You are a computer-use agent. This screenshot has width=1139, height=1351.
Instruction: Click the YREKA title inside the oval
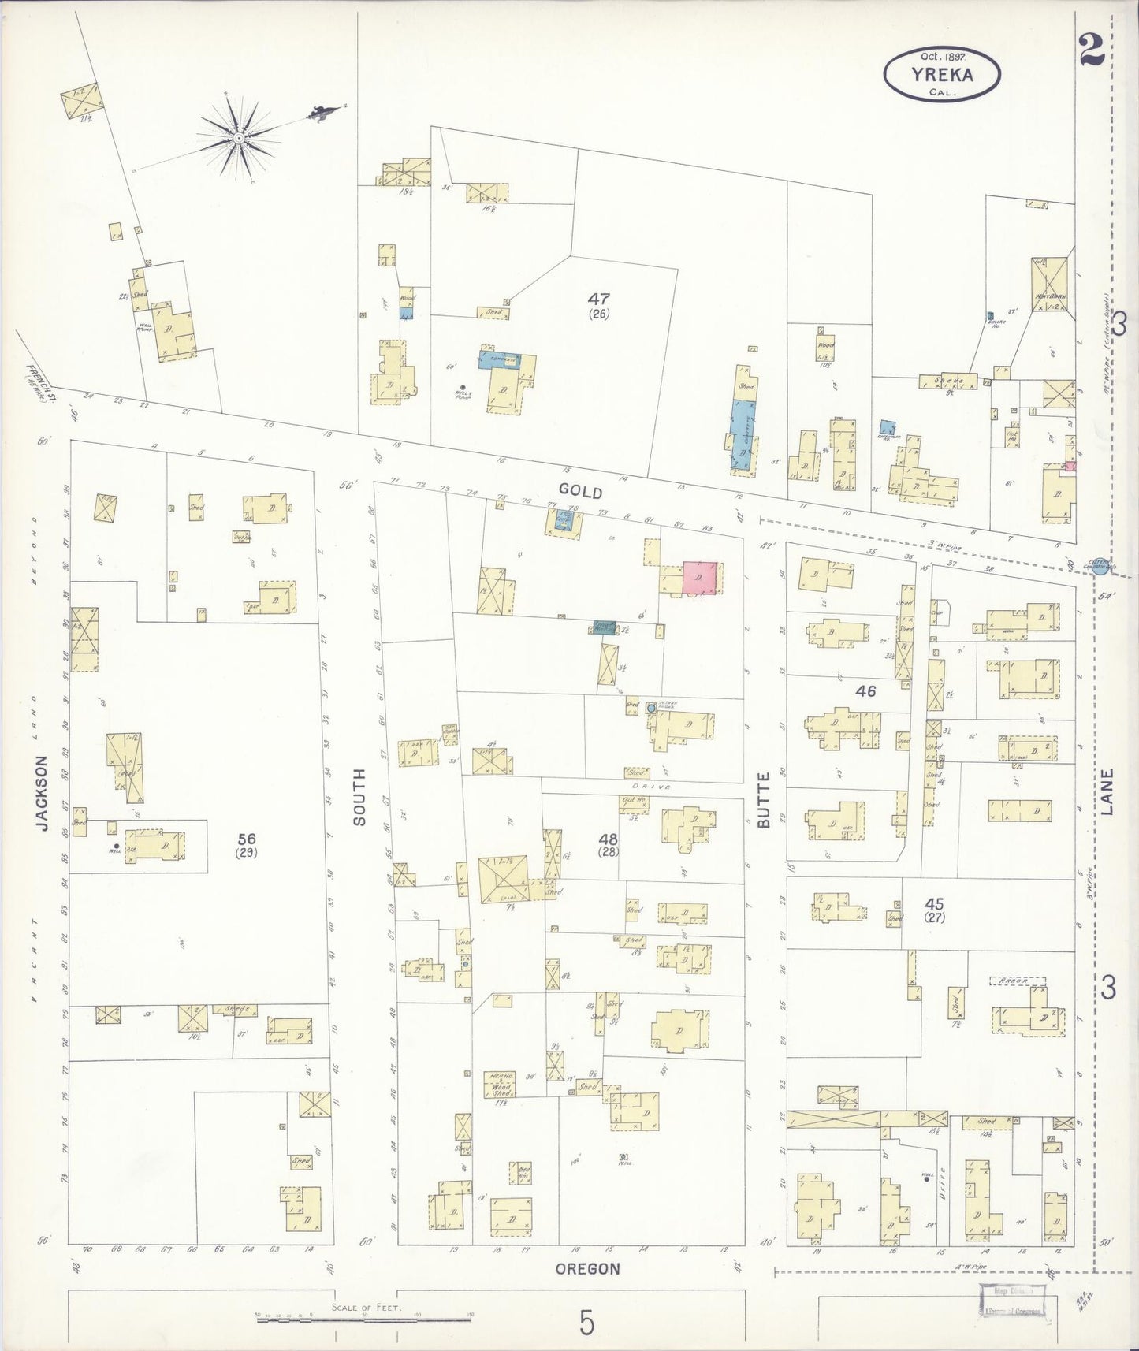942,76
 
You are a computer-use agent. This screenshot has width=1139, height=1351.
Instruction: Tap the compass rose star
237,139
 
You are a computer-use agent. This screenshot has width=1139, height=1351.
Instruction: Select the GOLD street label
581,492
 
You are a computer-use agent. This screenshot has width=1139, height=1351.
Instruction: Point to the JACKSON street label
43,794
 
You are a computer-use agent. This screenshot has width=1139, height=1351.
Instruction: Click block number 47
599,299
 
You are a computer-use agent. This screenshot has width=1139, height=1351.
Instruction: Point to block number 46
866,691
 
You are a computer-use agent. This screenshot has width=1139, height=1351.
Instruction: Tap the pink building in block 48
700,578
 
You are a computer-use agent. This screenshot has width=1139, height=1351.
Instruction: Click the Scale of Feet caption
367,1307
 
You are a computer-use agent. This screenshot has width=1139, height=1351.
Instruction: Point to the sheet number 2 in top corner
1090,54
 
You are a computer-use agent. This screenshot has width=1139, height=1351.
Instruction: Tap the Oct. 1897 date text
944,57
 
